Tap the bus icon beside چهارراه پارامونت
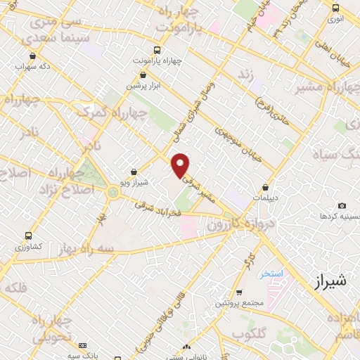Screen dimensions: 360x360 156,50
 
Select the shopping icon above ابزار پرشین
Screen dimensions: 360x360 143,74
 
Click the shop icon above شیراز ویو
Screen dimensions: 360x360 134,171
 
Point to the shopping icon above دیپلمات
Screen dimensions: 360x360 265,187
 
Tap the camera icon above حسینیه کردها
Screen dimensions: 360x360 342,206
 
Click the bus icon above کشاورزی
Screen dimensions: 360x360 28,236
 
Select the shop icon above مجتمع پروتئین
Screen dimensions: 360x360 240,292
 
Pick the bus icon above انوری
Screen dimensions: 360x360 335,8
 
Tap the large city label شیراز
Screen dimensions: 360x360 328,282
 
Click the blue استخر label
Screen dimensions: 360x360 271,273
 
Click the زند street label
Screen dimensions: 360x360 245,74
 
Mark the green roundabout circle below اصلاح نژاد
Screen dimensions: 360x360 113,193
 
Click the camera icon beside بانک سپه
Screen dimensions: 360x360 83,346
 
